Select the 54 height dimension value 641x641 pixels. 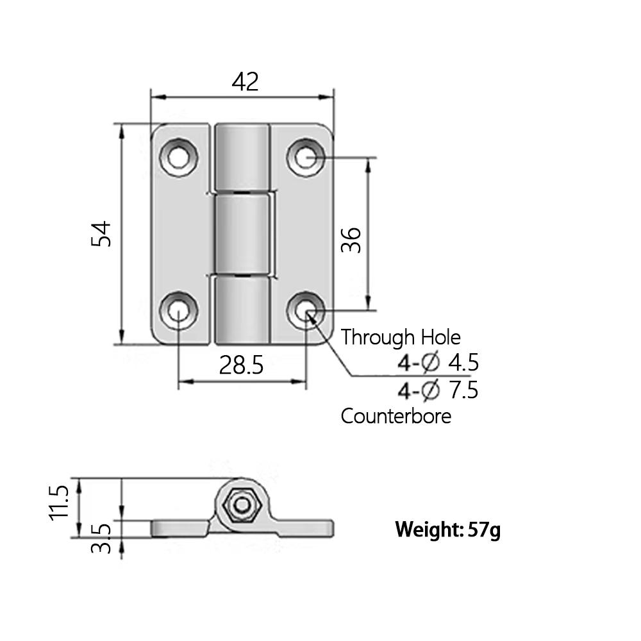click(102, 234)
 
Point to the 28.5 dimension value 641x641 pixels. click(242, 365)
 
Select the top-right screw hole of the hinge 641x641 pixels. click(306, 156)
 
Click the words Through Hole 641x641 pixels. click(401, 337)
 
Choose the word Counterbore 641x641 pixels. click(395, 416)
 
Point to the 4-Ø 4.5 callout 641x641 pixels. click(438, 363)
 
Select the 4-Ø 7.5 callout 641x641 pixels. click(438, 390)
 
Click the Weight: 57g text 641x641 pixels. click(447, 530)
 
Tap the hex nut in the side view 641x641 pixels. click(242, 506)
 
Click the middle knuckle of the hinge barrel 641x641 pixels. click(242, 235)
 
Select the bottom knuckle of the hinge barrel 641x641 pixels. click(242, 309)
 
